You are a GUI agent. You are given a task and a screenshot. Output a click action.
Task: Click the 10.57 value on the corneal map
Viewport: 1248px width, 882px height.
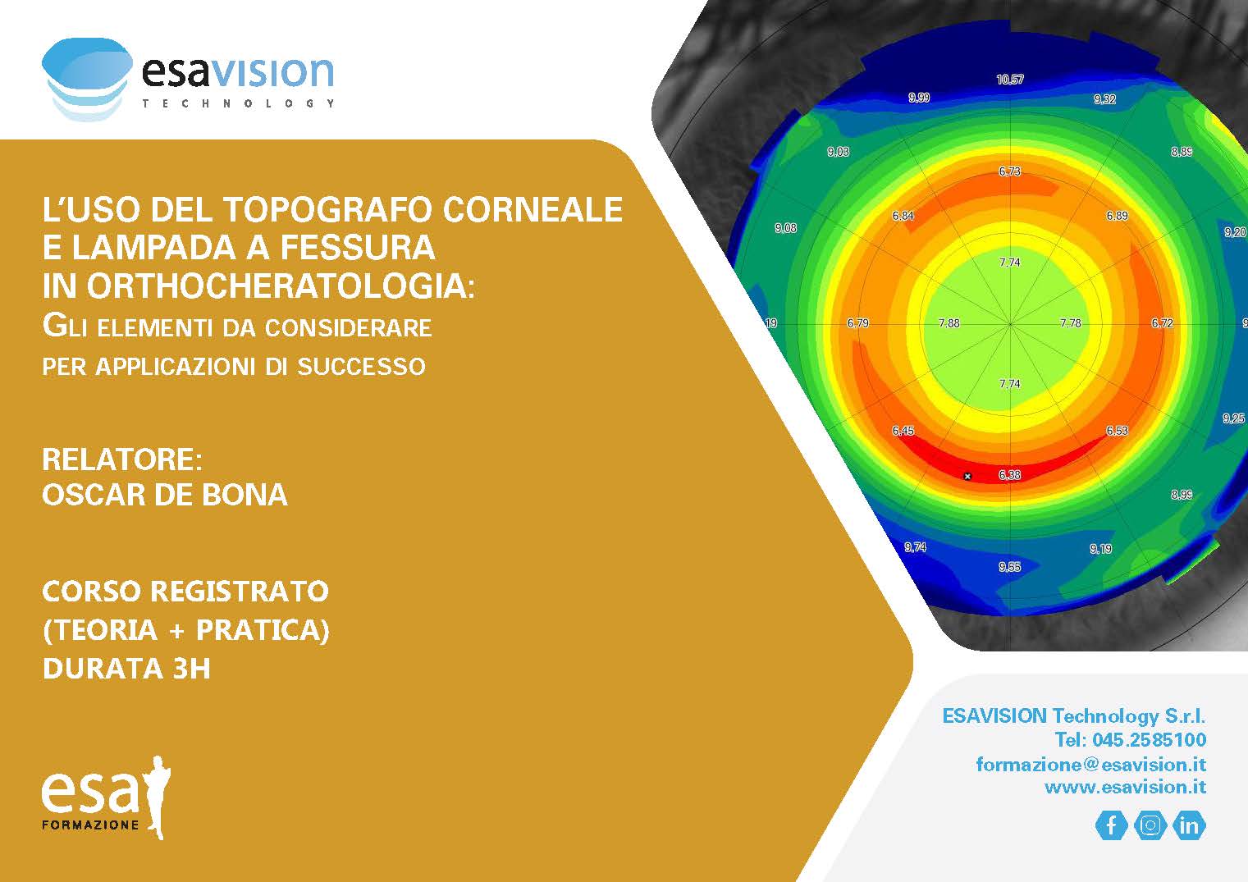pyautogui.click(x=1009, y=80)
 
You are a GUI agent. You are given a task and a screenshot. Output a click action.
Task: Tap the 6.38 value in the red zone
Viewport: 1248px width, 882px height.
pyautogui.click(x=1009, y=475)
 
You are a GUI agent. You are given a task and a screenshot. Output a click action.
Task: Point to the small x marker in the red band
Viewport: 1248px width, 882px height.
pyautogui.click(x=967, y=477)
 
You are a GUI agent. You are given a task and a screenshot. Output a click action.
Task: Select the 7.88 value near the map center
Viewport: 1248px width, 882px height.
pyautogui.click(x=949, y=323)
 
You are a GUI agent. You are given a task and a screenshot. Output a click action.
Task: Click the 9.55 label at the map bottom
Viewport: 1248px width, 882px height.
pyautogui.click(x=1009, y=567)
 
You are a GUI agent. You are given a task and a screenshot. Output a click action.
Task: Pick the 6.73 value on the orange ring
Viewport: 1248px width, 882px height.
pyautogui.click(x=1009, y=171)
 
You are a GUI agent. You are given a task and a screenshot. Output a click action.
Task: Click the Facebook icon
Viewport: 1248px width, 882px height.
pyautogui.click(x=1111, y=825)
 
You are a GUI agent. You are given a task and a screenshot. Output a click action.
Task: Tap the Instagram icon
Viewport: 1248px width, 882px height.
pyautogui.click(x=1150, y=825)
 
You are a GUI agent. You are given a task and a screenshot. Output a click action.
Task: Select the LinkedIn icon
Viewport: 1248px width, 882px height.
pyautogui.click(x=1189, y=825)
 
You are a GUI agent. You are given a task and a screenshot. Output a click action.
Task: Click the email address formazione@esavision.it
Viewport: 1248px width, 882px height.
pyautogui.click(x=1091, y=765)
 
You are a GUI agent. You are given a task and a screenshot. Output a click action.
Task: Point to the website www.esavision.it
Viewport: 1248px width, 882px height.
pyautogui.click(x=1126, y=788)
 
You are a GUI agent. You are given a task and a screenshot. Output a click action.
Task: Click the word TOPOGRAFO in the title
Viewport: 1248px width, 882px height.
pyautogui.click(x=327, y=209)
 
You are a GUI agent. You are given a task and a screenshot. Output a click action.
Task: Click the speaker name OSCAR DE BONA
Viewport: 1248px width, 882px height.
pyautogui.click(x=165, y=495)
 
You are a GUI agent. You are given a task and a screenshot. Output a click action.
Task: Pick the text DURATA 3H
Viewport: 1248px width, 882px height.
pyautogui.click(x=126, y=669)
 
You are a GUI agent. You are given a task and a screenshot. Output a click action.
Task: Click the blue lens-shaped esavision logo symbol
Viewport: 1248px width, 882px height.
pyautogui.click(x=88, y=79)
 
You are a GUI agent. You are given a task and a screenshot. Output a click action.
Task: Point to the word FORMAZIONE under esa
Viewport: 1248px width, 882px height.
pyautogui.click(x=90, y=825)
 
